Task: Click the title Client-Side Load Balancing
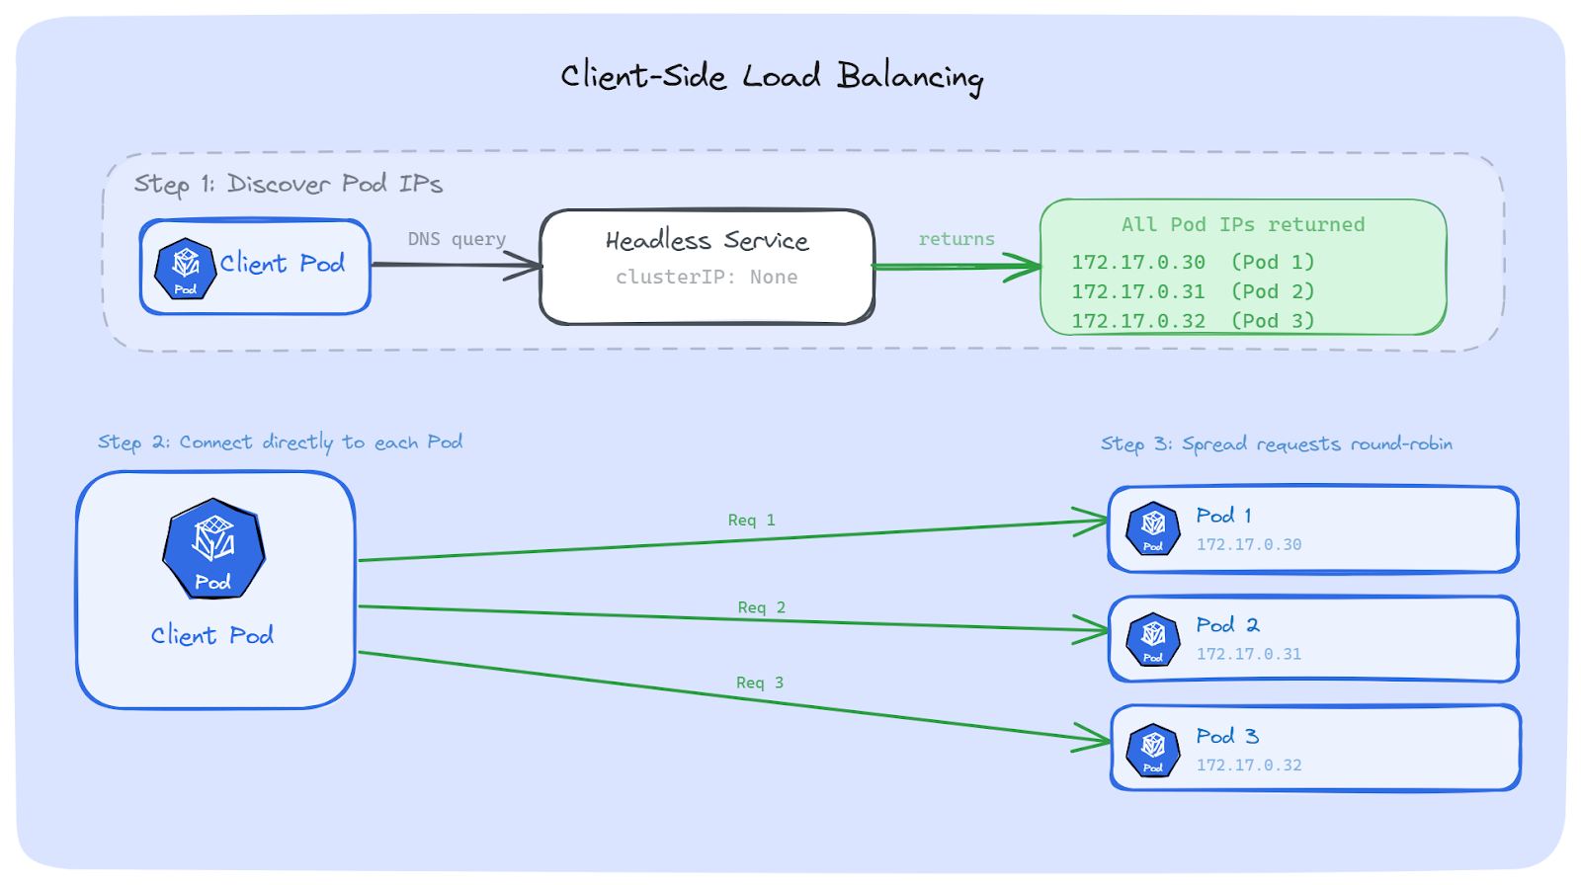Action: (x=772, y=76)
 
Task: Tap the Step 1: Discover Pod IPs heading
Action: (x=288, y=184)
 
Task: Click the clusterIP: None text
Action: (x=707, y=278)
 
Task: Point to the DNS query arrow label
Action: (x=457, y=239)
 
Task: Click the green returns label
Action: (x=956, y=239)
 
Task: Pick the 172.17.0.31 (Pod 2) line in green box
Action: (x=1193, y=291)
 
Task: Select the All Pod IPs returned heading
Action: (x=1242, y=224)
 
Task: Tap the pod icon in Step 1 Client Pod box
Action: (x=185, y=268)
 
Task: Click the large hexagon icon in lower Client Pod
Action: (x=213, y=549)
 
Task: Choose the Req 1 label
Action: (x=751, y=520)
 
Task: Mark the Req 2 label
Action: (x=761, y=607)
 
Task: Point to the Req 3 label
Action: (x=759, y=683)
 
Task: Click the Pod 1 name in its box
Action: (x=1223, y=516)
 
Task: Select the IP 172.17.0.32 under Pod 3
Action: (x=1249, y=765)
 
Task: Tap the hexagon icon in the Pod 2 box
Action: (x=1153, y=639)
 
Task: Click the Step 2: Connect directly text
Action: (x=280, y=442)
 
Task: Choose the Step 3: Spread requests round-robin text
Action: (x=1277, y=444)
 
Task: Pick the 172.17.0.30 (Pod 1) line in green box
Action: (x=1193, y=262)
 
